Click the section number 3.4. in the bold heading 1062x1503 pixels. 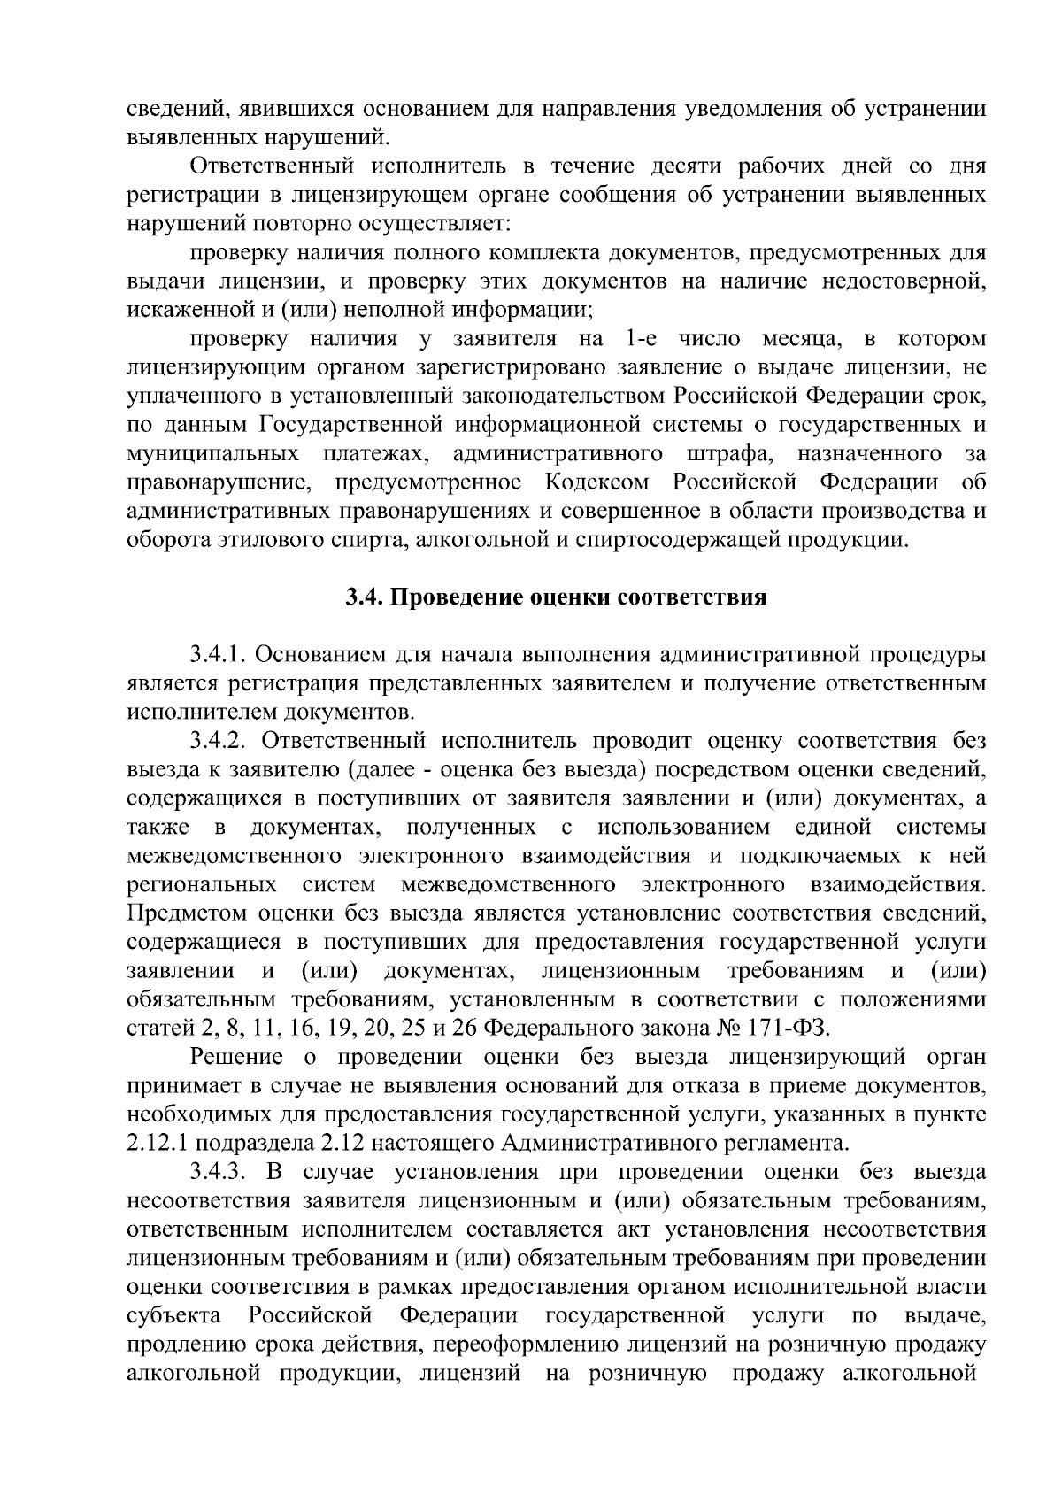[x=364, y=597]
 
